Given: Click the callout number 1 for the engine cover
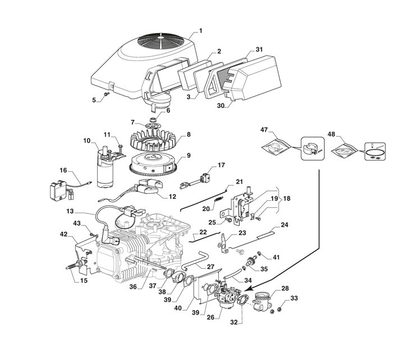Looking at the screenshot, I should (x=201, y=29).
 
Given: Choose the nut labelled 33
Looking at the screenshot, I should (x=273, y=310).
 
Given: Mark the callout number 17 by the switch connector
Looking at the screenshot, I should (x=221, y=165).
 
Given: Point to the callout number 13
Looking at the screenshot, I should (x=70, y=213).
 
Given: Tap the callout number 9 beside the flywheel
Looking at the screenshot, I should (x=189, y=155).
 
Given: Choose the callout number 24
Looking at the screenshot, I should (x=284, y=225).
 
